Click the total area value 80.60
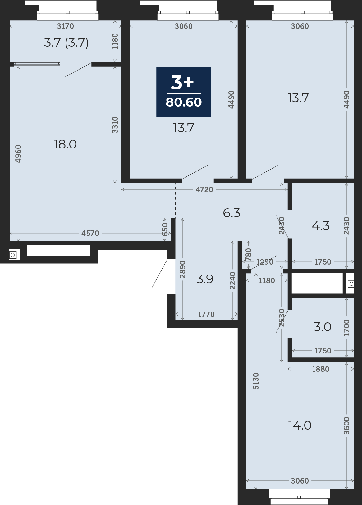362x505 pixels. click(x=184, y=102)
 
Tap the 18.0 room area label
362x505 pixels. click(x=65, y=144)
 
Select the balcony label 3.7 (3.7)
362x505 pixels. click(x=66, y=43)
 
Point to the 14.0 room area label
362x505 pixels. click(x=300, y=425)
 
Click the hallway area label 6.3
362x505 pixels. click(x=231, y=213)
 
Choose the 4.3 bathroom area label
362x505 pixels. click(x=321, y=225)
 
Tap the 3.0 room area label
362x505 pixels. click(x=322, y=327)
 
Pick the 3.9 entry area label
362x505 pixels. click(x=204, y=279)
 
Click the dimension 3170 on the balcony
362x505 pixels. click(x=65, y=26)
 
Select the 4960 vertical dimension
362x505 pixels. click(x=18, y=153)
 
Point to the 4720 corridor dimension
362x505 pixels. click(x=204, y=189)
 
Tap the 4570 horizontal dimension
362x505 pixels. click(x=90, y=233)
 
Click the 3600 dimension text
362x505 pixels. click(x=346, y=426)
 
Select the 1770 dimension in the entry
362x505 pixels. click(x=206, y=314)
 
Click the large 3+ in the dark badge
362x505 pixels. click(x=182, y=82)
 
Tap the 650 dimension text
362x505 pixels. click(x=165, y=230)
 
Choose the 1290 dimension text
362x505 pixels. click(x=264, y=262)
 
